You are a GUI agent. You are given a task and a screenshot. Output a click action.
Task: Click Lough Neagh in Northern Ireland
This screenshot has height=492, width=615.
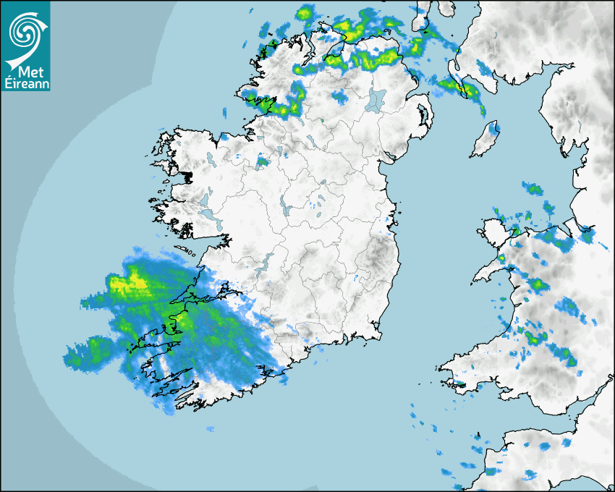(376, 100)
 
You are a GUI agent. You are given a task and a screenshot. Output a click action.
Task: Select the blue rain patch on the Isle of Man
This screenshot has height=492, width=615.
(494, 129)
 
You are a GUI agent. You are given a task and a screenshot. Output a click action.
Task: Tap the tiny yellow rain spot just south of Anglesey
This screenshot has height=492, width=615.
(501, 258)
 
